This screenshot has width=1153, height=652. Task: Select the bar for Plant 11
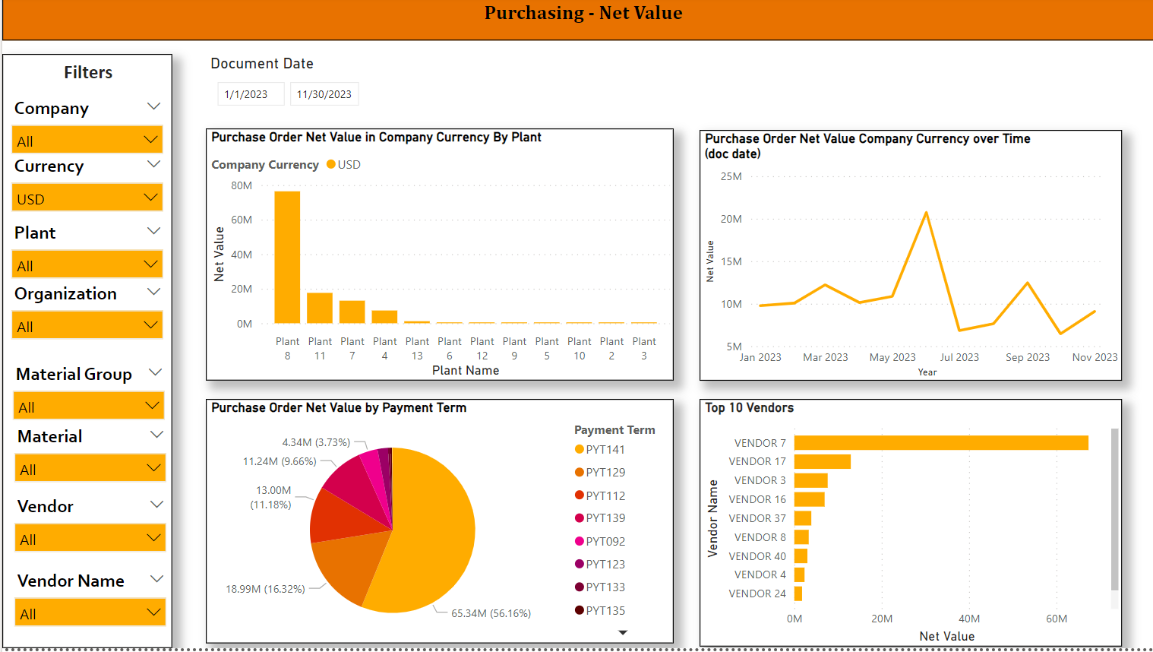[320, 308]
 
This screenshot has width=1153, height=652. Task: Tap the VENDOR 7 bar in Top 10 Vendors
[940, 442]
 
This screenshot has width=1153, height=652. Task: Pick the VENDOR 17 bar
[822, 461]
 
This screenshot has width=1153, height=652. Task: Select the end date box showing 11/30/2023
[324, 94]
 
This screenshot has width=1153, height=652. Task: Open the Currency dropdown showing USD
[88, 198]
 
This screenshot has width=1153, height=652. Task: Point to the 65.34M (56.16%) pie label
[491, 613]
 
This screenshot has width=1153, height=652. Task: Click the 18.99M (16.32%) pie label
[265, 589]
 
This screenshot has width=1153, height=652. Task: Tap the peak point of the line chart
[926, 213]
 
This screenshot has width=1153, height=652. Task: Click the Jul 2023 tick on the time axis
[959, 357]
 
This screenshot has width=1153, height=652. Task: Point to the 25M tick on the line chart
[731, 176]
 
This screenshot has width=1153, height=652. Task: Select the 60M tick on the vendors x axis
[1056, 619]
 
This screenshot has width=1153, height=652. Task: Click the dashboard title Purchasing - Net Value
[583, 13]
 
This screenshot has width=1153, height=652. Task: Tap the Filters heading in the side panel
[88, 72]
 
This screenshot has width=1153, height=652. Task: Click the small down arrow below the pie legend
[623, 632]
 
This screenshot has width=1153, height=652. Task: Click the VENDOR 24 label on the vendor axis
[757, 593]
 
